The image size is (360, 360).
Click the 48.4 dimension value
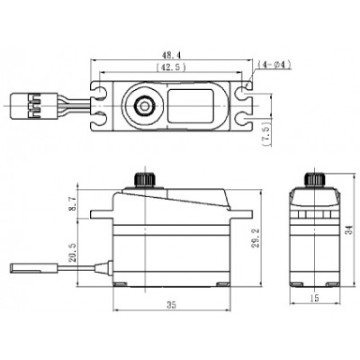tap(171, 55)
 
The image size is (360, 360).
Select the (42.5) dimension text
tap(171, 67)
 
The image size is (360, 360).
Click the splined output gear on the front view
tap(140, 176)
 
